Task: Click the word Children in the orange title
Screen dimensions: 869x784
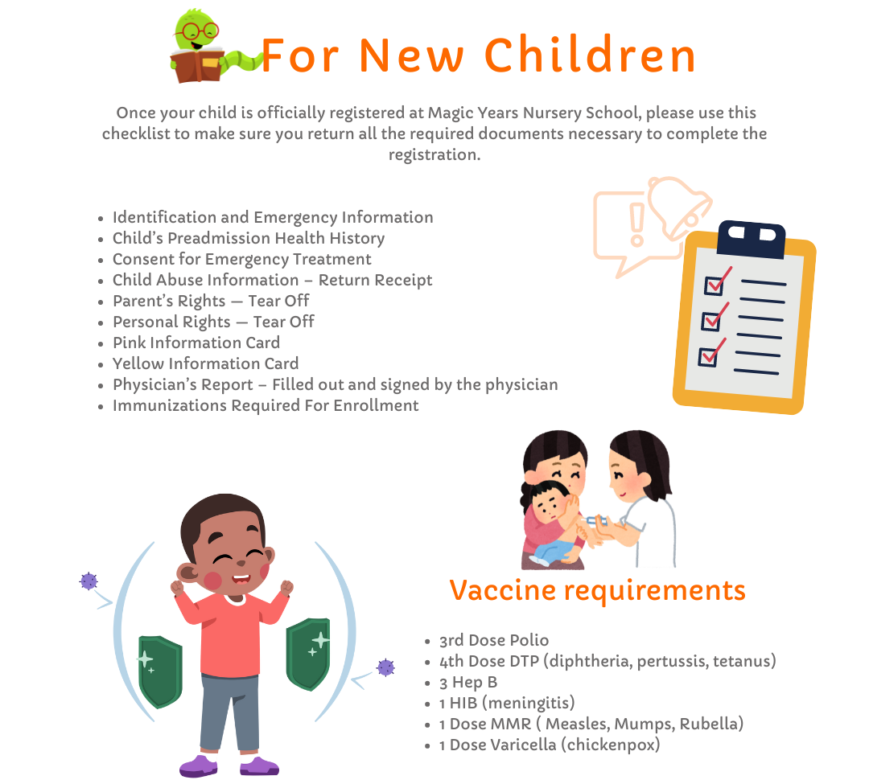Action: pyautogui.click(x=591, y=55)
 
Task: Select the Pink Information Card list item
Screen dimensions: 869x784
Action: pyautogui.click(x=196, y=343)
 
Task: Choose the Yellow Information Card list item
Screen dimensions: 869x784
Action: pyautogui.click(x=206, y=363)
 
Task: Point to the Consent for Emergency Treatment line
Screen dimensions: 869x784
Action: pyautogui.click(x=241, y=259)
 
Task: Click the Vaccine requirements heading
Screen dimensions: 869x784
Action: pyautogui.click(x=597, y=590)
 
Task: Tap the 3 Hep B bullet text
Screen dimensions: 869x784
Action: pyautogui.click(x=468, y=682)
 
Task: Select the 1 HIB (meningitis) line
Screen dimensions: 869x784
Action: pyautogui.click(x=507, y=703)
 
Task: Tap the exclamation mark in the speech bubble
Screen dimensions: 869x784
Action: pyautogui.click(x=636, y=224)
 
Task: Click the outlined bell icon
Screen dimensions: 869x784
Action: pyautogui.click(x=679, y=206)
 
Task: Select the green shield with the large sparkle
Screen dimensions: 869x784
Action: pyautogui.click(x=308, y=653)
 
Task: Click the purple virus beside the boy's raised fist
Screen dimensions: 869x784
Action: pyautogui.click(x=89, y=581)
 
